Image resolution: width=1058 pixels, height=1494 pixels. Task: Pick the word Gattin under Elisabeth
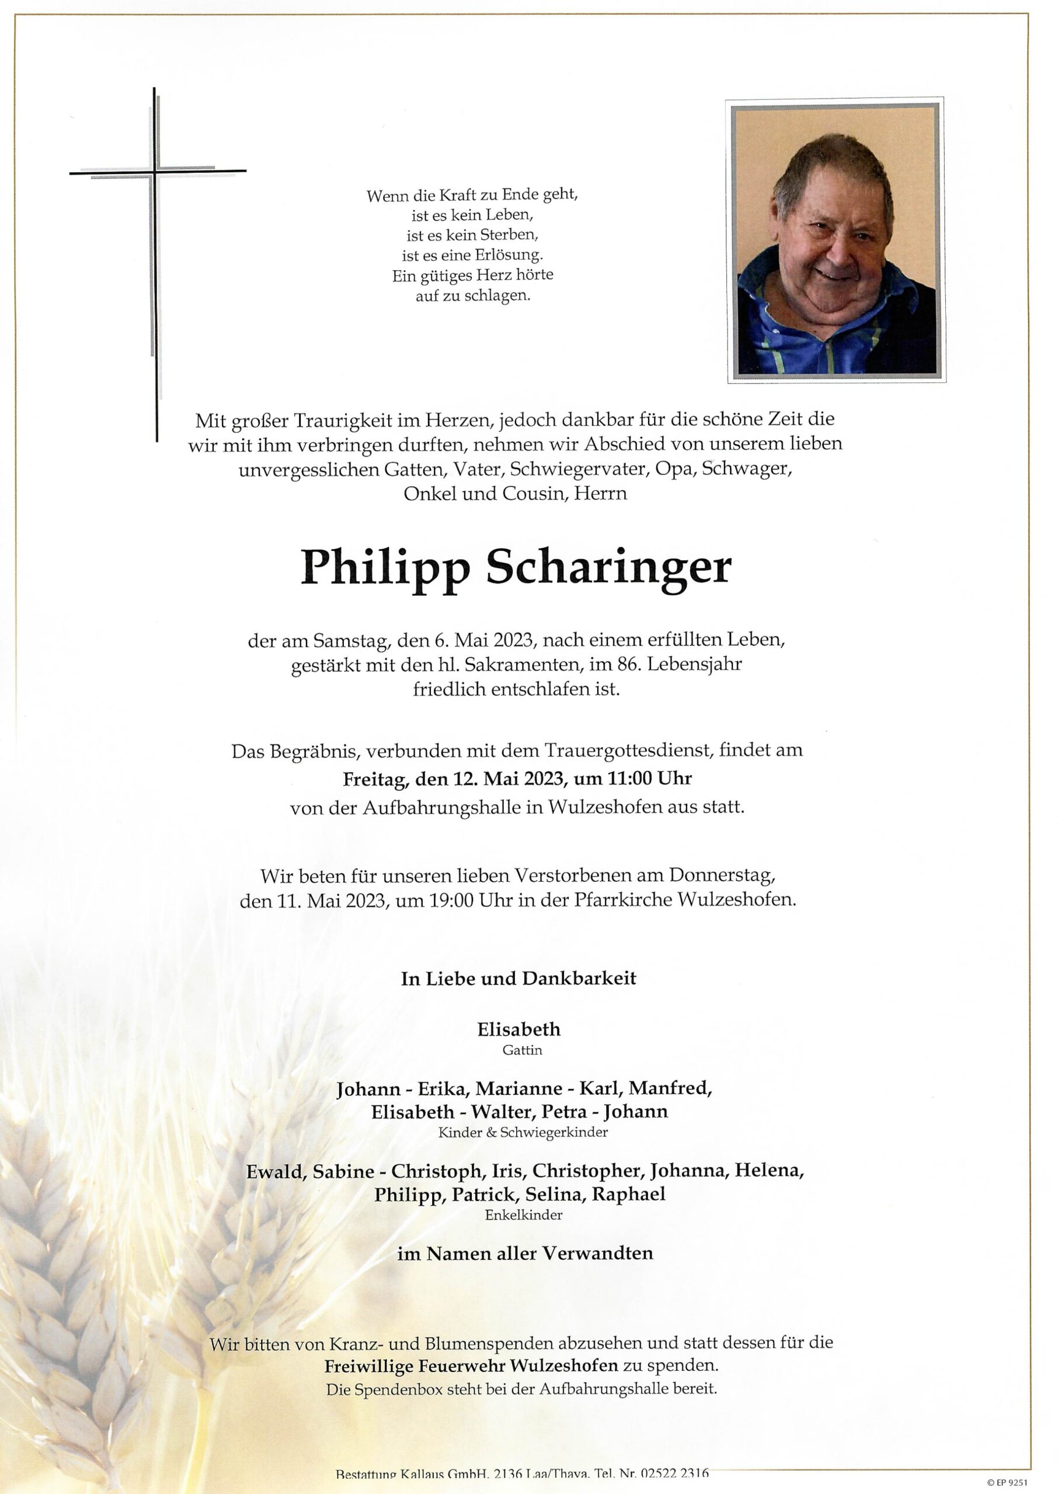522,1050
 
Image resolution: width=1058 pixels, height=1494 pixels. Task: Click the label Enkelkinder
523,1214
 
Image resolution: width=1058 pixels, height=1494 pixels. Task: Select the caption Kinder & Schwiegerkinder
523,1132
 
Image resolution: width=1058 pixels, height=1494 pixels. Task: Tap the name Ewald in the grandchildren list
275,1171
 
